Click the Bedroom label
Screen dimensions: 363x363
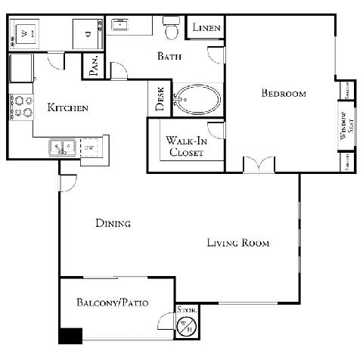283,94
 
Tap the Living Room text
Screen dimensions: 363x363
239,243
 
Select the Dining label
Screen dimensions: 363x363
113,223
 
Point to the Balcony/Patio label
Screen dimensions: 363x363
112,303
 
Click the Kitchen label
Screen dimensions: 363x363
68,108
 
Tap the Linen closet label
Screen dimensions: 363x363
206,28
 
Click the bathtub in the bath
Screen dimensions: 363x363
198,98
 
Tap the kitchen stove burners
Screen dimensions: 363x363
21,107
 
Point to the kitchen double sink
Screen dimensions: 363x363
62,146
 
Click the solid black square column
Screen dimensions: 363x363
70,335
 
